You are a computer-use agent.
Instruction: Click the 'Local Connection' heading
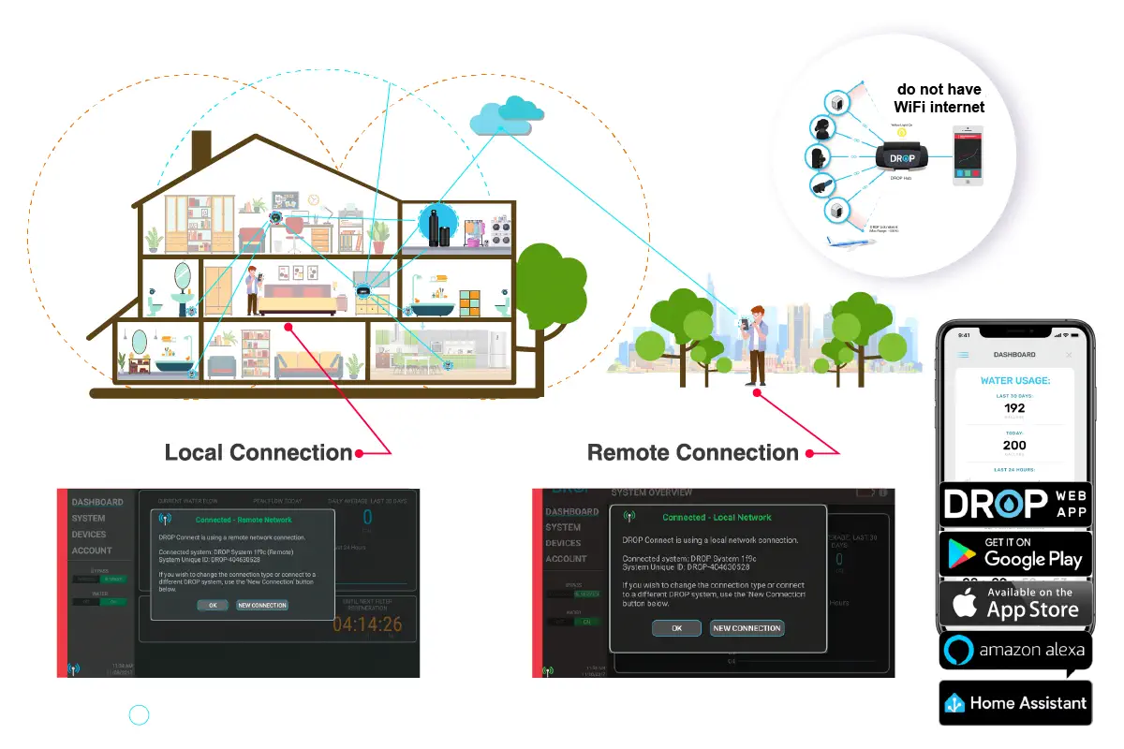pyautogui.click(x=259, y=453)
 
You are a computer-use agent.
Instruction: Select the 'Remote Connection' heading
pyautogui.click(x=693, y=453)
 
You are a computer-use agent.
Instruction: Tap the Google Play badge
pyautogui.click(x=1015, y=553)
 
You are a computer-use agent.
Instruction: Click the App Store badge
pyautogui.click(x=1015, y=603)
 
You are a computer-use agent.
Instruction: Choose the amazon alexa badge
pyautogui.click(x=1015, y=650)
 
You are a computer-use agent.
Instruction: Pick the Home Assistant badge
pyautogui.click(x=1015, y=702)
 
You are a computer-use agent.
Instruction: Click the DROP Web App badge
pyautogui.click(x=1015, y=504)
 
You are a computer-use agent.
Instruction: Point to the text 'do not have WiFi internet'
pyautogui.click(x=939, y=98)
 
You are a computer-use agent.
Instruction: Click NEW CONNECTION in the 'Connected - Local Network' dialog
pyautogui.click(x=747, y=628)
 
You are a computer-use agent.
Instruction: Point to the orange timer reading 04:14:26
pyautogui.click(x=366, y=624)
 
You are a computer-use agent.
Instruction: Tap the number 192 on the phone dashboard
pyautogui.click(x=1014, y=408)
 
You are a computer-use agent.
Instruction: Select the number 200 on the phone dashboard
pyautogui.click(x=1014, y=446)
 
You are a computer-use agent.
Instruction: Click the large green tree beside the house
pyautogui.click(x=553, y=281)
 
